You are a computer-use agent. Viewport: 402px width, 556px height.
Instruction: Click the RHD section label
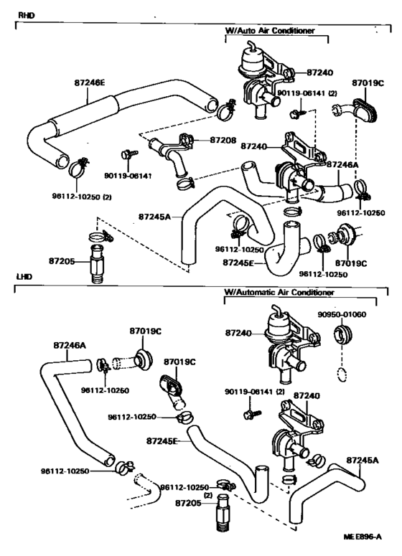(26, 16)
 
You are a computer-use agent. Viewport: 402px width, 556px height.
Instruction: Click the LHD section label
(24, 277)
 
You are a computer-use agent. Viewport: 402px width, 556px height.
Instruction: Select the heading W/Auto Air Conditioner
(270, 31)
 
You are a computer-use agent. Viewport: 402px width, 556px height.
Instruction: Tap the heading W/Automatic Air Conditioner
(279, 293)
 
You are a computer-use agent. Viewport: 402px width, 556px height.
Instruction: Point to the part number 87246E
(90, 83)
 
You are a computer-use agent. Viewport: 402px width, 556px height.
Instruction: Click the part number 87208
(223, 140)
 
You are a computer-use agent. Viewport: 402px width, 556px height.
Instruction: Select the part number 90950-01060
(342, 314)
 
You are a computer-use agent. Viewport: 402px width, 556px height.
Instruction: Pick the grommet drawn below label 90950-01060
(342, 335)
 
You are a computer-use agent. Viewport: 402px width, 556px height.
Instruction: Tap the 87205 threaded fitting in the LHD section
(222, 512)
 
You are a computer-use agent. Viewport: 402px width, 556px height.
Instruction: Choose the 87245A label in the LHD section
(363, 461)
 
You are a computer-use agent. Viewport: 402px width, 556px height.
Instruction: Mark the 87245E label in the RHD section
(239, 263)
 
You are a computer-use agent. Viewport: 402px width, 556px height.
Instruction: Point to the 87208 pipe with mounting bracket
(172, 154)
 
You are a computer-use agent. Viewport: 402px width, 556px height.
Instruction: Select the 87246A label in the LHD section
(70, 345)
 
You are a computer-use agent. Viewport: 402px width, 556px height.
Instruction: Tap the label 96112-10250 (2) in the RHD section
(82, 197)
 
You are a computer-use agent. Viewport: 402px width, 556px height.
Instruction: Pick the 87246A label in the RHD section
(342, 164)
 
